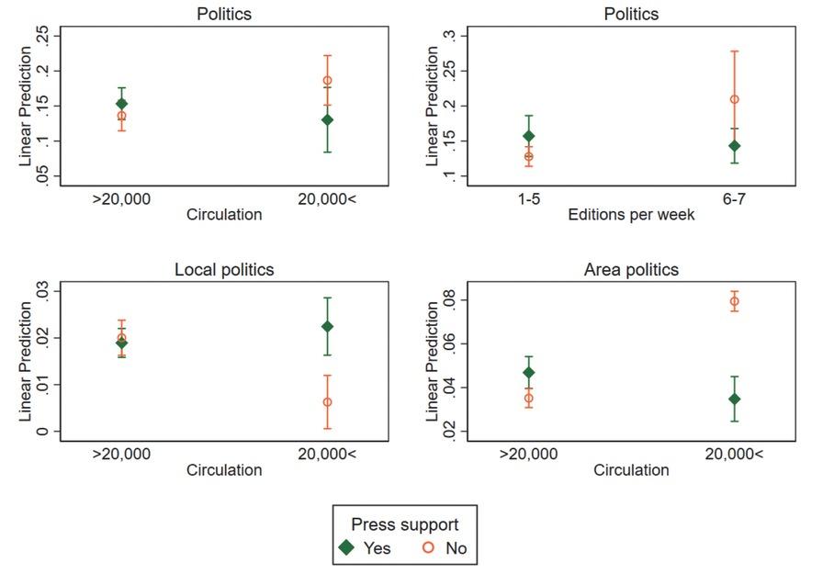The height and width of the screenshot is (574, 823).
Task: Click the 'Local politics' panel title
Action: coord(224,270)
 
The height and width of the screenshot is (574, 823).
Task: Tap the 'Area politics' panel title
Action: coord(631,270)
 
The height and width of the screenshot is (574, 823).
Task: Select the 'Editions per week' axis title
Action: coord(631,215)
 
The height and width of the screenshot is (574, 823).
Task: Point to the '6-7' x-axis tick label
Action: coord(734,197)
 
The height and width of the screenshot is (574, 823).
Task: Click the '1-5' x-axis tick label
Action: coord(528,197)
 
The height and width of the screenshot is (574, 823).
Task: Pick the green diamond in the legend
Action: coord(345,548)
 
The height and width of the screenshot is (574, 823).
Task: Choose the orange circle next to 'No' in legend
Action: coord(428,548)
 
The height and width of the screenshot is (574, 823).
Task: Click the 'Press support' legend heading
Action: coord(404,524)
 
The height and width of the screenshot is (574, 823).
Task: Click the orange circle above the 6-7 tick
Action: coord(734,99)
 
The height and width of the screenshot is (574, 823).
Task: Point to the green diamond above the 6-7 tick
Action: coord(734,146)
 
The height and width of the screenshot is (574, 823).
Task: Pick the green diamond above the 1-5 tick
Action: coord(528,137)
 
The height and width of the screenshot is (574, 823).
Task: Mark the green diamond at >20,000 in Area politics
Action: coord(528,373)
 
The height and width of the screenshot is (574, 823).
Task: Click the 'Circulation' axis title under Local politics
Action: coord(224,470)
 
